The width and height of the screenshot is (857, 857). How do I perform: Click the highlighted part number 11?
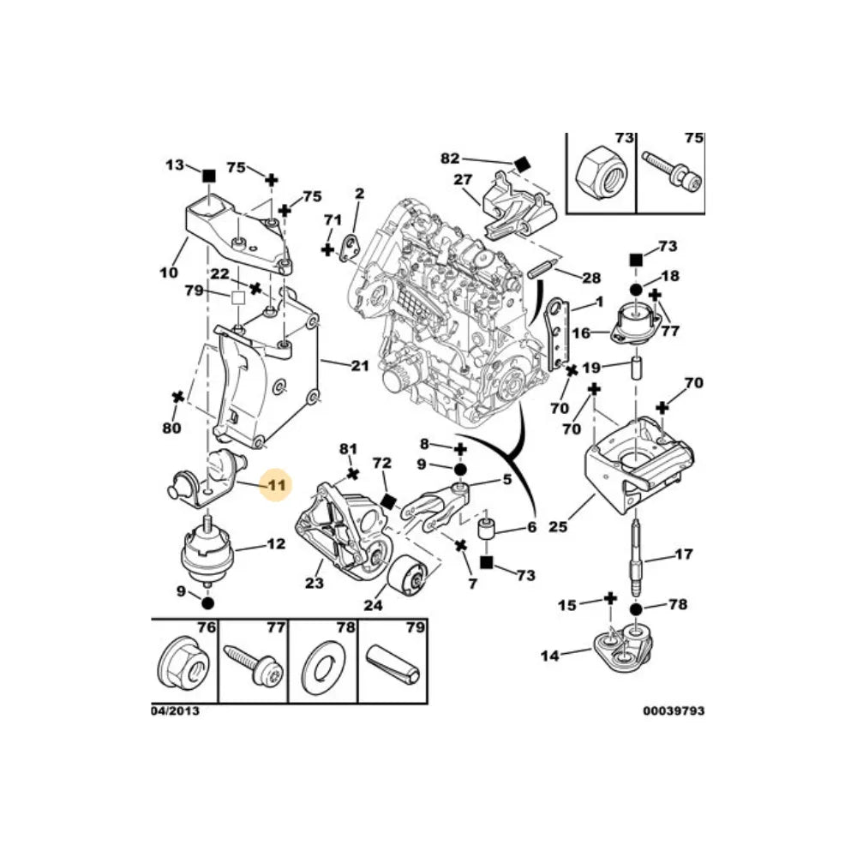tap(276, 485)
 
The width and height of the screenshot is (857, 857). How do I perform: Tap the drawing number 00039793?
tap(674, 710)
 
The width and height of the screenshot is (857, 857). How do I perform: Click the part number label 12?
tap(276, 543)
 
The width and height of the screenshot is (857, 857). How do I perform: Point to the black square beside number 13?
tap(207, 176)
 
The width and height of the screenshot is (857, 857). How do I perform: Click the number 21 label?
tap(360, 366)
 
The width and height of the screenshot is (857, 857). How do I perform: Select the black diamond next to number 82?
tap(522, 164)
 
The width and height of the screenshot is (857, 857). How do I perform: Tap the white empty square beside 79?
tap(238, 297)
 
